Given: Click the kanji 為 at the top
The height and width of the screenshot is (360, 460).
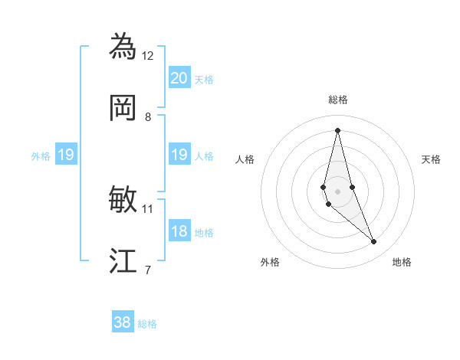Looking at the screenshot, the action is tap(123, 47).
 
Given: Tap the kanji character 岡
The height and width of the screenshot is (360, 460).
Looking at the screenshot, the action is tap(123, 108).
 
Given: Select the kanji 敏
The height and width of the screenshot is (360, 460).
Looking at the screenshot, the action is tap(123, 200).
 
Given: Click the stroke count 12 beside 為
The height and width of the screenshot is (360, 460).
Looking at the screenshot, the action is tap(148, 55).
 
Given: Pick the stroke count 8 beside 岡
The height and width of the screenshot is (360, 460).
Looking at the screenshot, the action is tap(148, 116).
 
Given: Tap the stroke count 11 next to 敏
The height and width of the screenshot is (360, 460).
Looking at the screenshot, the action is tap(148, 208).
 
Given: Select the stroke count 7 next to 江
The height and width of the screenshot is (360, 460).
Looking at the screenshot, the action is tap(148, 269).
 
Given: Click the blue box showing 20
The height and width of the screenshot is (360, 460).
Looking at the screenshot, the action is tap(179, 78).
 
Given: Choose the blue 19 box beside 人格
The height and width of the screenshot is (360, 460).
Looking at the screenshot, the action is tap(179, 155).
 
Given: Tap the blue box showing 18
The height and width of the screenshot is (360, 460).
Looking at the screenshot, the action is tap(179, 232).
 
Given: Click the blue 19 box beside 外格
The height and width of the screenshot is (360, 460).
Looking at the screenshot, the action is tap(66, 155).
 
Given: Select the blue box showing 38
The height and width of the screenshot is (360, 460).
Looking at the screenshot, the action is tap(123, 322).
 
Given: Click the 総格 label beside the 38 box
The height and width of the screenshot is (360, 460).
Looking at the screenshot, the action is tap(148, 324).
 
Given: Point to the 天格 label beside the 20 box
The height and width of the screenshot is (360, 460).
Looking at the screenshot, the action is tap(204, 80).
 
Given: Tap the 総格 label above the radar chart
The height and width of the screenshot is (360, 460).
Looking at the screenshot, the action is tap(338, 100).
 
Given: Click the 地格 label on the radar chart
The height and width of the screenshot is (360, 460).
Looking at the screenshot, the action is tap(402, 262).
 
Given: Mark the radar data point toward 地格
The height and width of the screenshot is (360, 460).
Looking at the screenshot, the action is tap(374, 242).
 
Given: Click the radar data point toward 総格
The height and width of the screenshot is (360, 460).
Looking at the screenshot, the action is tap(338, 130).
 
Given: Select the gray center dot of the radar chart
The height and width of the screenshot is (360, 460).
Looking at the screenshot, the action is tap(338, 191).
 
